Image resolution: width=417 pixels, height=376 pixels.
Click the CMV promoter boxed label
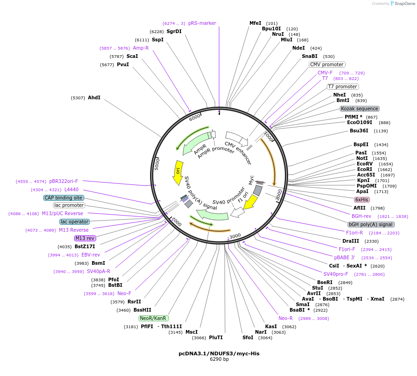pos(327,65)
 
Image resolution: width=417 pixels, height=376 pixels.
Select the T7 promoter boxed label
pos(343,86)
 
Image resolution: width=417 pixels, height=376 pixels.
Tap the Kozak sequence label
pos(359,109)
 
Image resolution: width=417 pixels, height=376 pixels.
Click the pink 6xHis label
pos(361,199)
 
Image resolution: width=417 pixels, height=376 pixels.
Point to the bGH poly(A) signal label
pos(371,224)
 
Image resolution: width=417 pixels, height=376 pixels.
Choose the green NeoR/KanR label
pos(154,318)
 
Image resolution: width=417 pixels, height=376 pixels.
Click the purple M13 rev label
pos(85,238)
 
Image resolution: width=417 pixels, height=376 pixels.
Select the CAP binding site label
pos(64,198)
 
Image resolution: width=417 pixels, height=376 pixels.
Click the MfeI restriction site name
pos(255,23)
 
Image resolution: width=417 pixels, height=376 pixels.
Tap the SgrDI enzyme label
pos(174,32)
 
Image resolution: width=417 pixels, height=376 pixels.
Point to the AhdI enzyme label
pos(94,98)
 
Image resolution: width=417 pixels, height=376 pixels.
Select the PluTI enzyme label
pos(216,337)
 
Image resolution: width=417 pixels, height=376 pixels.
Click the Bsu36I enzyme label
pos(359,131)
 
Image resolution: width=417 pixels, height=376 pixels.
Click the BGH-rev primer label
pos(361,216)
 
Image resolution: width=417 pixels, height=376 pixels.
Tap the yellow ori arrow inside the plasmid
pos(178,172)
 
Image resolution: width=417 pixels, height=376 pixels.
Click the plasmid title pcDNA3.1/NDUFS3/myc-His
pos(209,353)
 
